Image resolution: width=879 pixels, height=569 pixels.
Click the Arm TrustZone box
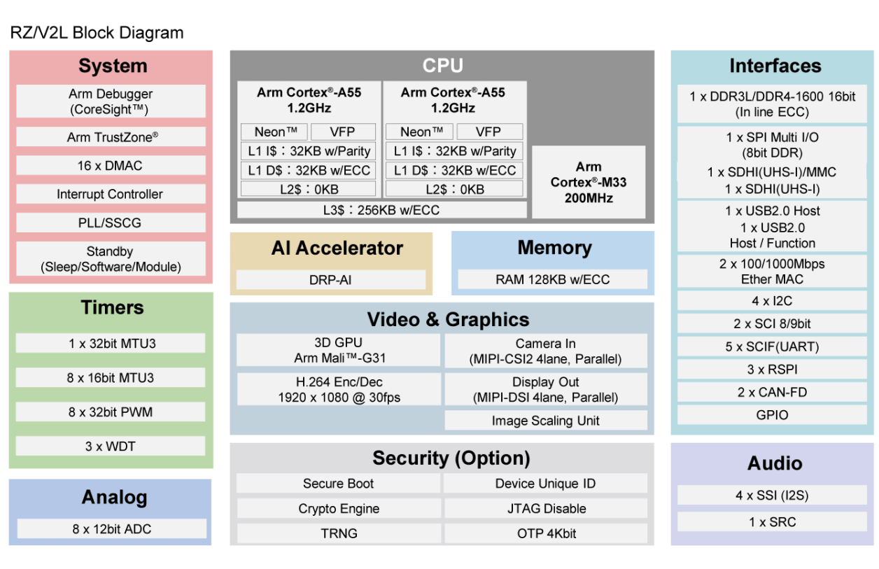pos(111,137)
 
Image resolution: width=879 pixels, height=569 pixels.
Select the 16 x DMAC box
pos(111,166)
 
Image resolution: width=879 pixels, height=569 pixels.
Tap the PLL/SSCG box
pos(111,223)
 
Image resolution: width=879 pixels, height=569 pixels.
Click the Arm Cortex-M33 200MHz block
pos(589,182)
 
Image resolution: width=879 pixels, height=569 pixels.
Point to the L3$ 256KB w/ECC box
pos(381,210)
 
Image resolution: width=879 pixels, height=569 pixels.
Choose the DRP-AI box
pos(330,280)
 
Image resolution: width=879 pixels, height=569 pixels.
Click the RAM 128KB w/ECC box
pos(552,280)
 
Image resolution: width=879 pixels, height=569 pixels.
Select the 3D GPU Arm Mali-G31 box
pos(339,350)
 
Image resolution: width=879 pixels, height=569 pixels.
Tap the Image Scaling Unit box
pos(545,421)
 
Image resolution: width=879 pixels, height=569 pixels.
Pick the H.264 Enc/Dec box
pos(339,390)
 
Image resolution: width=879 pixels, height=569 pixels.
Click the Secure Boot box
pos(338,484)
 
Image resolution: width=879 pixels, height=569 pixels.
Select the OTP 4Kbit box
pos(545,533)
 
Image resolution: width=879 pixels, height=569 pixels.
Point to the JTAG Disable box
pos(545,509)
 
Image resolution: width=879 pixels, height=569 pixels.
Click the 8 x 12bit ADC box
pos(112,529)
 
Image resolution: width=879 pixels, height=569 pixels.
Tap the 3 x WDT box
pos(111,446)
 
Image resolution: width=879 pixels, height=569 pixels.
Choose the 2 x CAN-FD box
pos(772,392)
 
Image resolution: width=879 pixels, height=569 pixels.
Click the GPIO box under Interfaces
pos(772,415)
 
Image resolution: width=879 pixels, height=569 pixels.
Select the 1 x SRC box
pos(772,522)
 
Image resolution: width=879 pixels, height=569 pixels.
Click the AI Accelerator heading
pos(337,248)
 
